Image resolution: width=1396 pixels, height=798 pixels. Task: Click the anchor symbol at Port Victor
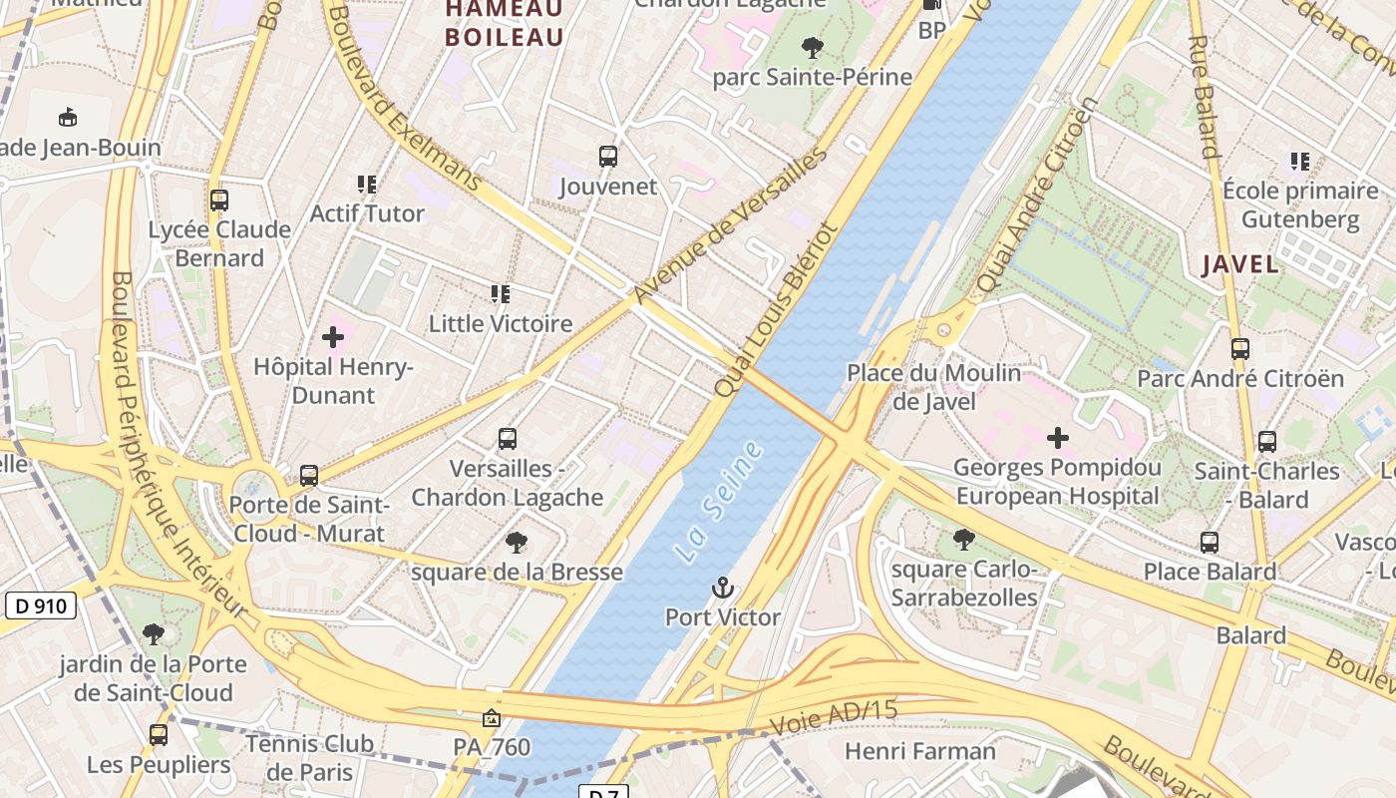(723, 588)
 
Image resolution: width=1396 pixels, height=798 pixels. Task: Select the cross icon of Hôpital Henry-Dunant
(333, 337)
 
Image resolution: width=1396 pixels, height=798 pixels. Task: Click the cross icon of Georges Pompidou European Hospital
(1058, 437)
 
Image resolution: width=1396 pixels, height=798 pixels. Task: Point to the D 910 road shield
(42, 605)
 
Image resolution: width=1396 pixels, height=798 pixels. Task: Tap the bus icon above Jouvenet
(608, 157)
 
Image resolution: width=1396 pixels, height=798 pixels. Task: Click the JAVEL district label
(1239, 264)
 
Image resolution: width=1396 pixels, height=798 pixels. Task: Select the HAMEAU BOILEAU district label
(505, 23)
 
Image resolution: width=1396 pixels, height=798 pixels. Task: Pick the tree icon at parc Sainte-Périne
(813, 47)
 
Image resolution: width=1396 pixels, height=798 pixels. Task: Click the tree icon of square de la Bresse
(517, 543)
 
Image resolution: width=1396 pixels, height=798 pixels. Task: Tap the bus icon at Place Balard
(1210, 543)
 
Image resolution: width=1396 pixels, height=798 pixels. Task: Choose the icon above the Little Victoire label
(501, 294)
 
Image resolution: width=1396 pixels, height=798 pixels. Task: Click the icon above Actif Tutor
(367, 185)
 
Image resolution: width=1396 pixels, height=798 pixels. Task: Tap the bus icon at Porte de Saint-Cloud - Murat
(309, 476)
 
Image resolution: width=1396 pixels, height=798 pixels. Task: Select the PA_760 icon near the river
(491, 718)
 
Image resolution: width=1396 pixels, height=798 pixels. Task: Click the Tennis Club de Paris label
(309, 757)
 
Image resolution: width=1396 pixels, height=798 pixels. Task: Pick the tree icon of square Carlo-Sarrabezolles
(963, 540)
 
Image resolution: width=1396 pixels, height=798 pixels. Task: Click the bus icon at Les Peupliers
(159, 735)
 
